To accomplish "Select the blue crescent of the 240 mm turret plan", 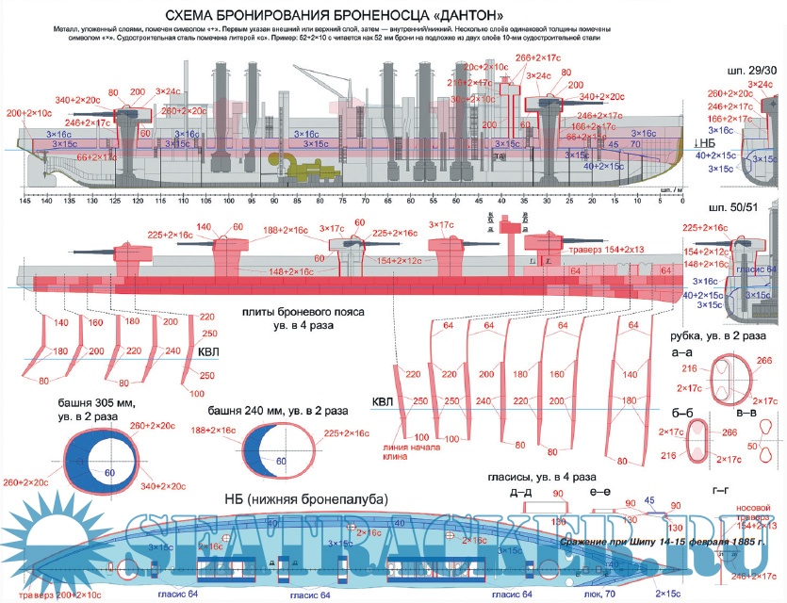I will [255, 446].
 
